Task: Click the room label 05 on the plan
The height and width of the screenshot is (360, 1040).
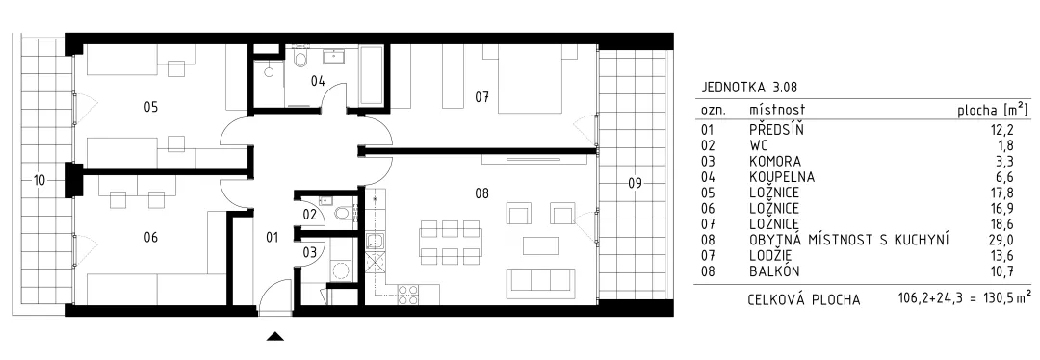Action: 150,106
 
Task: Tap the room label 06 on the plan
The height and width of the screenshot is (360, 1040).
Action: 150,237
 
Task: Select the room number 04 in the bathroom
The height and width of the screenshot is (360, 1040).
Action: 319,82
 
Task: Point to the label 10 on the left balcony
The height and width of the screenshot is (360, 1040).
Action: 39,180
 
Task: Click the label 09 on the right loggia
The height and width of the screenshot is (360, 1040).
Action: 636,184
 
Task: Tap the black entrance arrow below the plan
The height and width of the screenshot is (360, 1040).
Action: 275,337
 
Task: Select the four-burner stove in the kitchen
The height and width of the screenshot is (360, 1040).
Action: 407,294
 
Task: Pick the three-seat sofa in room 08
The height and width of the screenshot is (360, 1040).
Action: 540,283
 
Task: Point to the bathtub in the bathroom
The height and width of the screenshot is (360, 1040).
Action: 372,75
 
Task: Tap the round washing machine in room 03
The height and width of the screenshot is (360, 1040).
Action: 342,271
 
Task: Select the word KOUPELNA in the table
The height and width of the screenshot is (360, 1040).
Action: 782,177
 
